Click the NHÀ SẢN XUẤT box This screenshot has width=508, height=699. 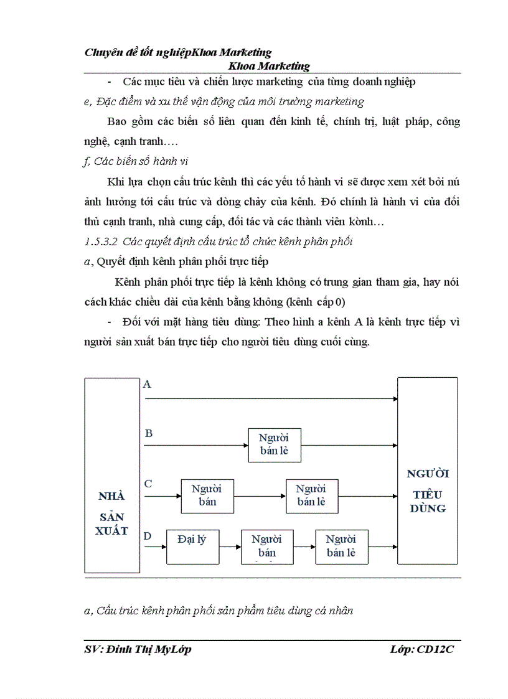pos(112,475)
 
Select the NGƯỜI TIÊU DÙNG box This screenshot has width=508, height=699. pos(427,471)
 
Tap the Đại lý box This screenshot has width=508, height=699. pos(193,547)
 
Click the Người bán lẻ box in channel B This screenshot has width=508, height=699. pos(274,444)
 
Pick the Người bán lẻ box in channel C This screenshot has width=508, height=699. pos(311,495)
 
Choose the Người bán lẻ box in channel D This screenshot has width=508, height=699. pos(341,547)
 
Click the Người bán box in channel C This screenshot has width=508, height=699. pos(207,495)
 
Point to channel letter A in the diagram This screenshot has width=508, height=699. pos(148,385)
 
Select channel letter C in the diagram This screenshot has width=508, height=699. pos(148,484)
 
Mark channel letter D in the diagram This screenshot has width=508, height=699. pos(148,535)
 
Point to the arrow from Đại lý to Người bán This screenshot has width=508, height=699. pos(230,547)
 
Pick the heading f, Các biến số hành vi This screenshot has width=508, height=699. pos(136,161)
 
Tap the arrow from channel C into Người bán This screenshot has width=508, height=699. pos(162,496)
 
